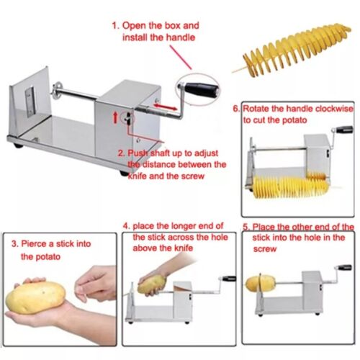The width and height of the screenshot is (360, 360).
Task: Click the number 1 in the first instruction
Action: click(x=113, y=24)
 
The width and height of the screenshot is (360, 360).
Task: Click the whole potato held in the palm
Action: click(x=36, y=294)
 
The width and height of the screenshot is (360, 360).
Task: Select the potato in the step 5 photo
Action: click(x=256, y=282)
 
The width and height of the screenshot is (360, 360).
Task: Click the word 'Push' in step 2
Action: click(x=141, y=153)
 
